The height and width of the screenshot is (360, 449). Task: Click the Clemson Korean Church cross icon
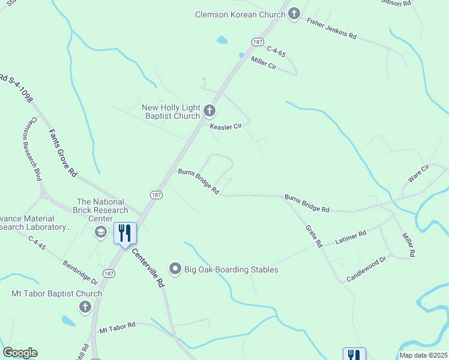294,14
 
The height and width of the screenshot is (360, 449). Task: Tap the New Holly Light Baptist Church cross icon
209,111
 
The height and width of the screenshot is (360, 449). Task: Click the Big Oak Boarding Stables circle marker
175,268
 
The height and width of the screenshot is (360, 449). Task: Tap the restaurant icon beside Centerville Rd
125,233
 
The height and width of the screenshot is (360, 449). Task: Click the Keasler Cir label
225,127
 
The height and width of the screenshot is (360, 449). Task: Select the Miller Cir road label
264,62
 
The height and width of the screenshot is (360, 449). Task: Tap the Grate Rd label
315,236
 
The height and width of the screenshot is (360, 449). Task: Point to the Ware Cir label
419,173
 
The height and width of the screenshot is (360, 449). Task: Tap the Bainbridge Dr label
80,271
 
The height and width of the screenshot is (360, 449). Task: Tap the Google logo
20,353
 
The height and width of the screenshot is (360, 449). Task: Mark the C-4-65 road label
276,52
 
